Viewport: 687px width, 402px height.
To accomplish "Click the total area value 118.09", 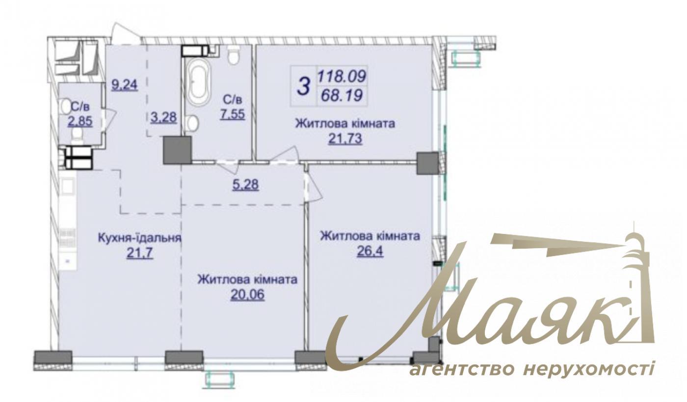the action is [x=342, y=76].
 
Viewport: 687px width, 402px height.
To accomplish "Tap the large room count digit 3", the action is [x=304, y=86].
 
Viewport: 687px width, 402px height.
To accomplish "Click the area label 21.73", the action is [x=345, y=139].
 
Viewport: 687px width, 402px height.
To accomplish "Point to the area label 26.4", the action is [x=370, y=252].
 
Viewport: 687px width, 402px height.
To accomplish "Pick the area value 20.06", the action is [x=247, y=295].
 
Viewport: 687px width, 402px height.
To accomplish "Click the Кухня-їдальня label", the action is [x=139, y=238].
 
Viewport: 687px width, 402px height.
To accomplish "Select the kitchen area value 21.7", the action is [x=139, y=254].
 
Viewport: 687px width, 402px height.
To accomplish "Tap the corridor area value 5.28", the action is [x=246, y=185].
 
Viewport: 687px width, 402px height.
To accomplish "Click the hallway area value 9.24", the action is [x=125, y=85].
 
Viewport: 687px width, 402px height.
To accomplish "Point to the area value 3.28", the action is [x=164, y=117].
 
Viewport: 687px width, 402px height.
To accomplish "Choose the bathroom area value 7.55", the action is [x=233, y=114].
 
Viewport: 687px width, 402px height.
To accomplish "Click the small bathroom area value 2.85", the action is [x=80, y=121].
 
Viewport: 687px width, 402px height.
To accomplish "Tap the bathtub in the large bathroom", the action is [x=199, y=82].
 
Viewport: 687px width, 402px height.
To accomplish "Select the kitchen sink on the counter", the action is [x=68, y=186].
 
